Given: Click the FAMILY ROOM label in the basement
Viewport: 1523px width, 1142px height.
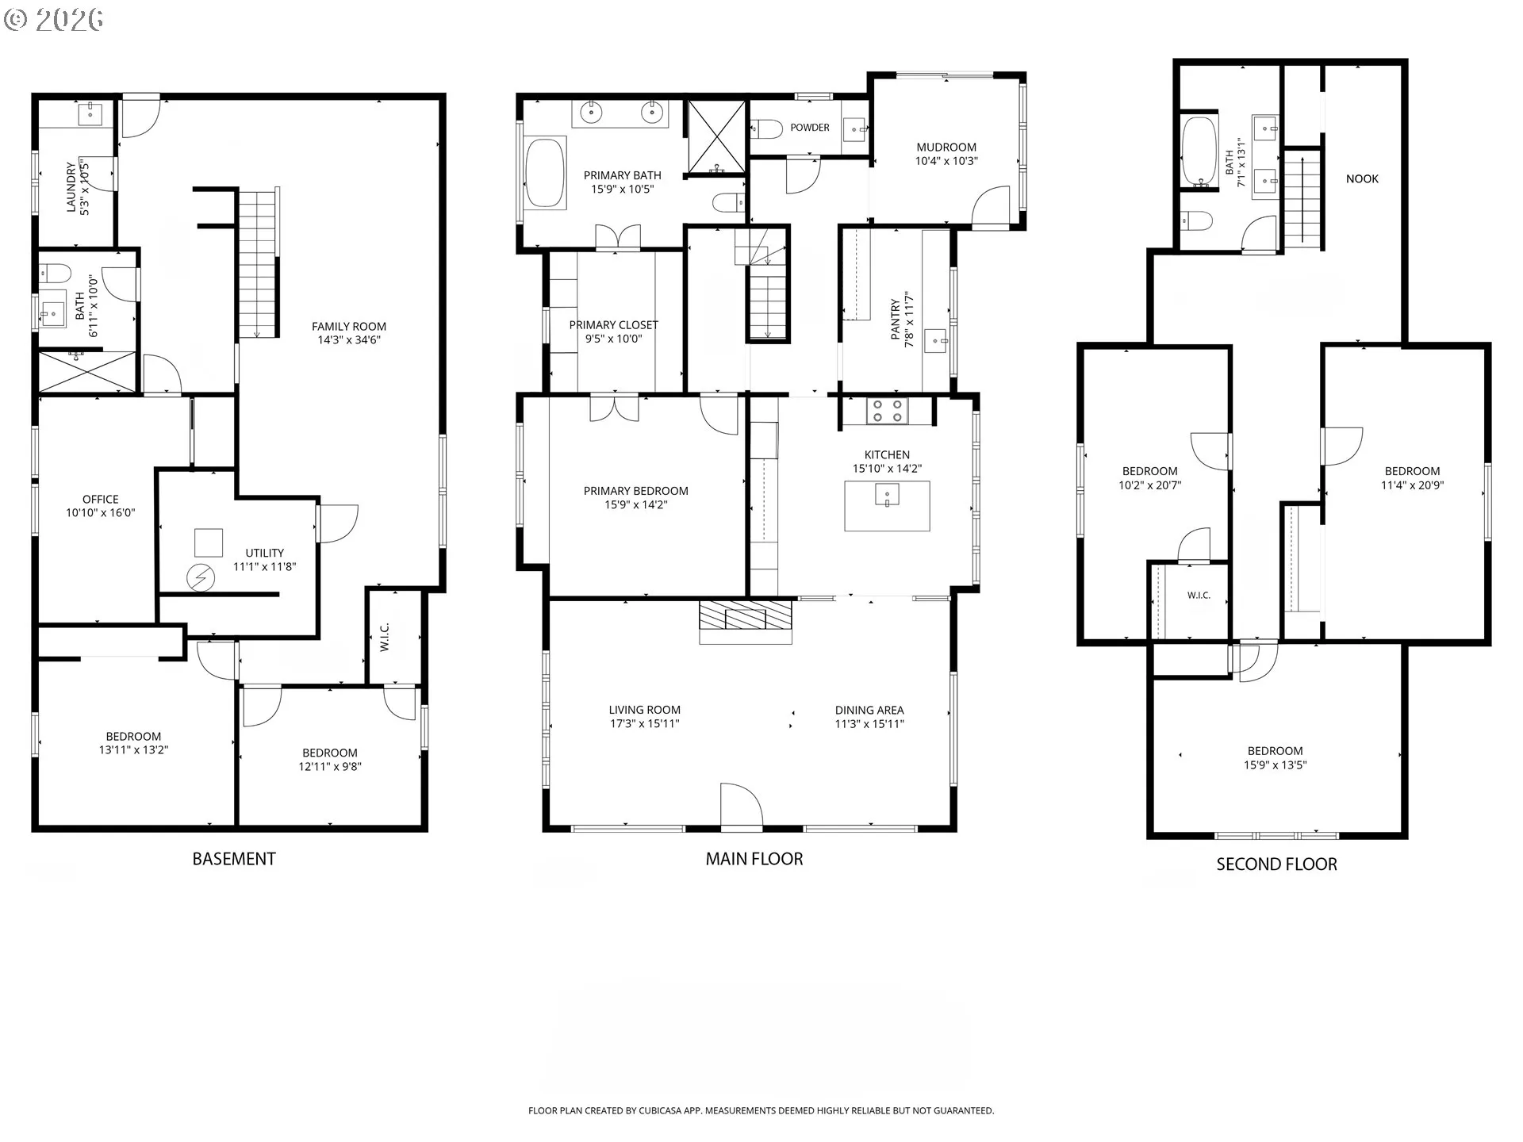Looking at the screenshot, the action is pos(349,326).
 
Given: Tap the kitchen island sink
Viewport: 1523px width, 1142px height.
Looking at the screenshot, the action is pos(887,495).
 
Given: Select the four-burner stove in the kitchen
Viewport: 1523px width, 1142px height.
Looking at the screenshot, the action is pos(887,411).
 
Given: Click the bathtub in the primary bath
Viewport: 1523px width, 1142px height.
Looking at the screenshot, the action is pos(545,174).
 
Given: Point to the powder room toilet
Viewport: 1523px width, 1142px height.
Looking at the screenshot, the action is pos(765,128).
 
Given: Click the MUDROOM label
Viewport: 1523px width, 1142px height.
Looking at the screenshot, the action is pos(946,147).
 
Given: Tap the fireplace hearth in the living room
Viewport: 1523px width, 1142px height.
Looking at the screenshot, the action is pos(746,621).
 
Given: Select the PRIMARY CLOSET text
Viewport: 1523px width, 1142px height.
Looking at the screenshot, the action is pos(614,324).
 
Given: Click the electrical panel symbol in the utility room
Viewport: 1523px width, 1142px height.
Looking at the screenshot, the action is pos(201,578).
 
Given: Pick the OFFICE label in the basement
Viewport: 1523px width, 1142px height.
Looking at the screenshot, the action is pos(101,499).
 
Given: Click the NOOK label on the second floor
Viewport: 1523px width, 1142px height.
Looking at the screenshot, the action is pos(1362,178).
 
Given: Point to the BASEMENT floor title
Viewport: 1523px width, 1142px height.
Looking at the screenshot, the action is pos(234,859).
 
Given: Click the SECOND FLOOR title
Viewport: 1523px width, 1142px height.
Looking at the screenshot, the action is pos(1277,864).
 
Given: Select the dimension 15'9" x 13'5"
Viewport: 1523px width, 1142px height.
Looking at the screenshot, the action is pos(1276,765).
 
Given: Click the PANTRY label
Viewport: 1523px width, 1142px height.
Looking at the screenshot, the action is pos(896,320).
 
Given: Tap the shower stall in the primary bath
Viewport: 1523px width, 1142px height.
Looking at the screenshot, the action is pos(716,136).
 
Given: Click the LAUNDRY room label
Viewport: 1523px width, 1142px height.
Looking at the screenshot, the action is pos(71,188).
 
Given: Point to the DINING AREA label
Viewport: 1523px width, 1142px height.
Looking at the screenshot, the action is pos(869,710).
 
